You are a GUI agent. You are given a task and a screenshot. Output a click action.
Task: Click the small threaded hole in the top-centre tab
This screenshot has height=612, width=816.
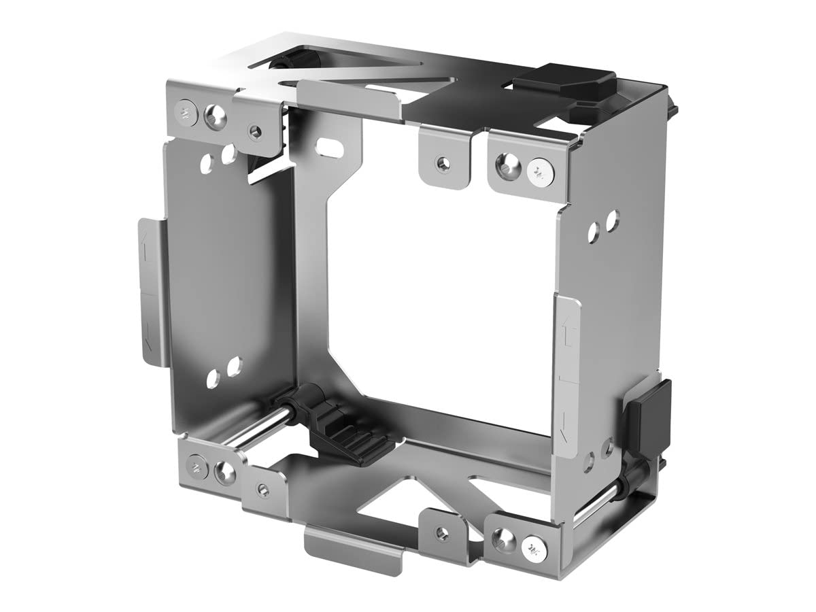tap(443, 163)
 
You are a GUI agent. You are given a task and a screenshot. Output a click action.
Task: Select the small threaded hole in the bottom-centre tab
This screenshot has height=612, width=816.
tap(442, 533)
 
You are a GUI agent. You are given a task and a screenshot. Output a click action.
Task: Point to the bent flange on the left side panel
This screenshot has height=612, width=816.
tap(150, 292)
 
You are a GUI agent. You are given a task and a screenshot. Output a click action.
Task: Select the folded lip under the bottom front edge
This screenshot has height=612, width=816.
tap(354, 547)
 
